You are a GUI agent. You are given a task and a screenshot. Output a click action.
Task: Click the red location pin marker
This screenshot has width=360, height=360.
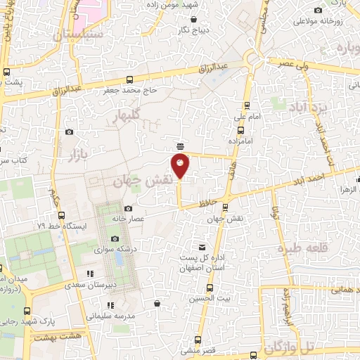[181, 167]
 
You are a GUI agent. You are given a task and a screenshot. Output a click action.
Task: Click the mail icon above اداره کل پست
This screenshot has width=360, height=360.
[202, 247]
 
